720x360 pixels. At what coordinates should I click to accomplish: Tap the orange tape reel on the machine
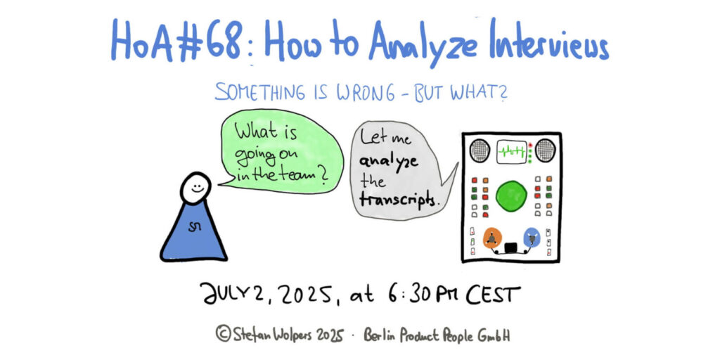coord(493,238)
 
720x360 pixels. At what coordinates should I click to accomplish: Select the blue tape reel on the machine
coord(532,238)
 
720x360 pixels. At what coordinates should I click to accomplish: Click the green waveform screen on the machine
coord(511,152)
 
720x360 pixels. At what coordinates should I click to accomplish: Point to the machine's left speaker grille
coord(480,150)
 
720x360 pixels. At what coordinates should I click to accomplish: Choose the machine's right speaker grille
coord(545,150)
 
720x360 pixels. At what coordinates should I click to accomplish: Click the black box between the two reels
coord(511,248)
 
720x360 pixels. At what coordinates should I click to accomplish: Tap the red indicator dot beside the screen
coord(530,145)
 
